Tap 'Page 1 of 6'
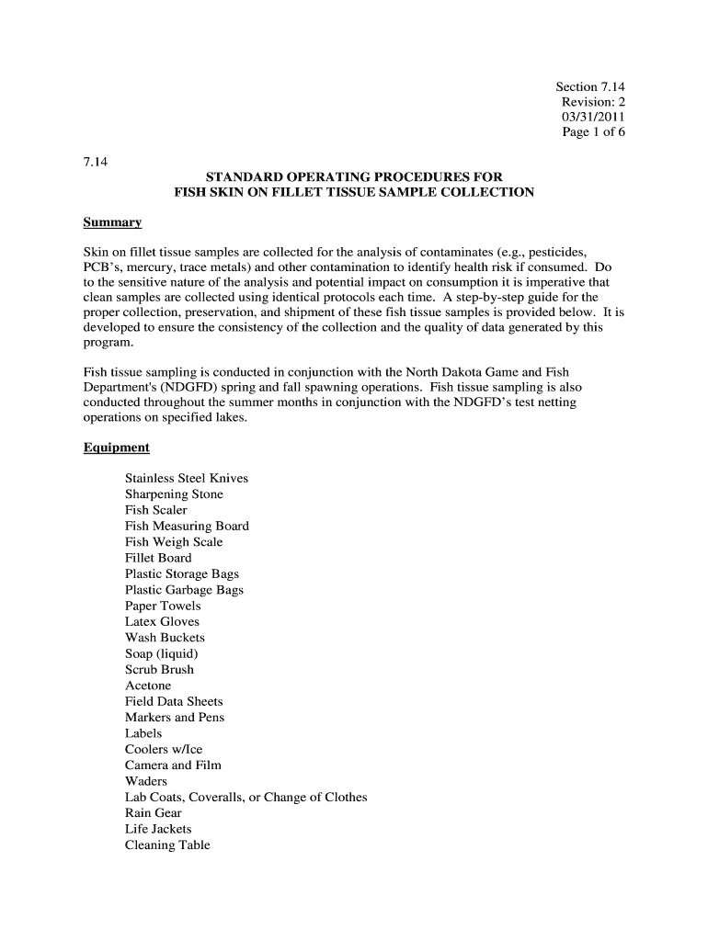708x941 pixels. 593,132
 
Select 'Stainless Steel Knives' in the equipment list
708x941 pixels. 187,478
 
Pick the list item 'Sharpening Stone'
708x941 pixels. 174,494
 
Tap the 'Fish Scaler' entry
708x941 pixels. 155,510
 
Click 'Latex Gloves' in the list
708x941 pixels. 162,621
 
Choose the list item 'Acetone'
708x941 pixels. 148,686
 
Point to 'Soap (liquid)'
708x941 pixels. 162,653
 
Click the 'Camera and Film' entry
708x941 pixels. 173,765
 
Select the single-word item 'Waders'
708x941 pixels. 146,781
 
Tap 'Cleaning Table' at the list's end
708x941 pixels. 167,845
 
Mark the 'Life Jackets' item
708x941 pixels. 158,829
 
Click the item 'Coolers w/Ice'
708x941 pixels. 164,749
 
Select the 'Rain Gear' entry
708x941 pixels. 154,812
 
